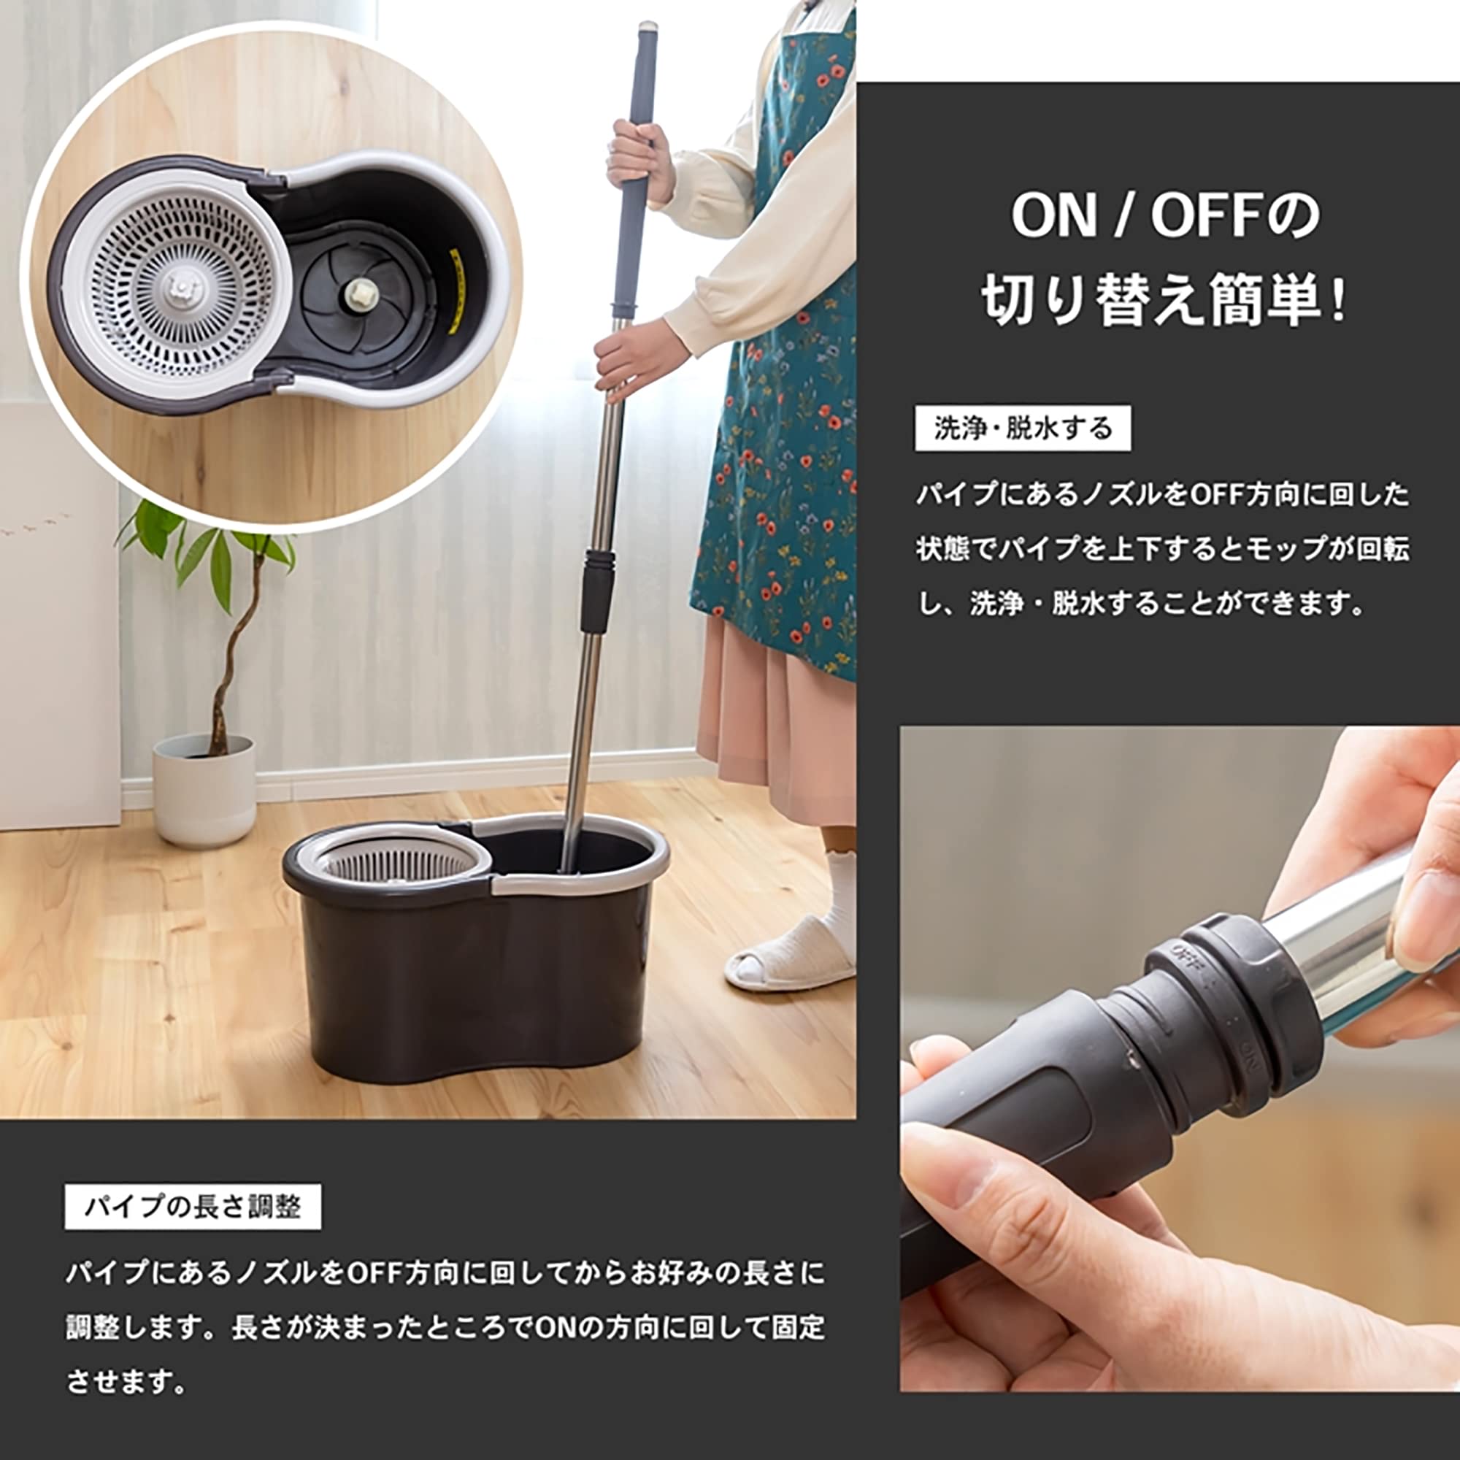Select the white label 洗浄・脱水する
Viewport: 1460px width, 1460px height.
click(1023, 429)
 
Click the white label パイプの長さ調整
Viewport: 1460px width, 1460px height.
click(193, 1207)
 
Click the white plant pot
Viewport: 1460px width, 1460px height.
click(204, 789)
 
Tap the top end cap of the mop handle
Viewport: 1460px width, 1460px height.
click(647, 30)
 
